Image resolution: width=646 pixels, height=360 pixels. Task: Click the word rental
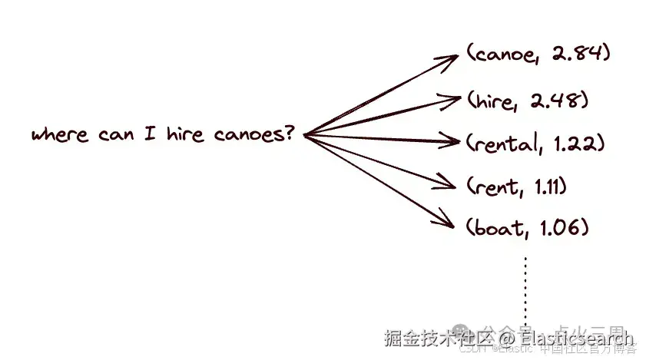(505, 143)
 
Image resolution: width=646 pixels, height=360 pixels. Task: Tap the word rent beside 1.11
(492, 185)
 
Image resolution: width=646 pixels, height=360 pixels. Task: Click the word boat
(496, 227)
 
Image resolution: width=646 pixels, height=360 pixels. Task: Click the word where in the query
(60, 135)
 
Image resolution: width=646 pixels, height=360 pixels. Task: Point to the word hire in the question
(184, 135)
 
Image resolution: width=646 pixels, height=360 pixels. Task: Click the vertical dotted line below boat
(526, 288)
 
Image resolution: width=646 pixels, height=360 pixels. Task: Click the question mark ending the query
(289, 134)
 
